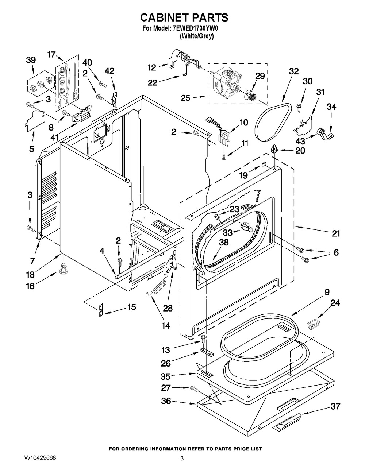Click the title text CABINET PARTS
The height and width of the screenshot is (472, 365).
(x=184, y=17)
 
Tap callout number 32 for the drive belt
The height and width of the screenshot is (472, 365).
(x=293, y=72)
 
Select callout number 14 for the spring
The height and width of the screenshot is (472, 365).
(x=166, y=326)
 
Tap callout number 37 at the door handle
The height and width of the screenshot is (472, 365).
(x=335, y=406)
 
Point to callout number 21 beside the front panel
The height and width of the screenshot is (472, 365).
(x=336, y=233)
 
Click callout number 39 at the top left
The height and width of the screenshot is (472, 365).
(x=31, y=59)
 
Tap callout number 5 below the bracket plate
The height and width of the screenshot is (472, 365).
(x=31, y=149)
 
